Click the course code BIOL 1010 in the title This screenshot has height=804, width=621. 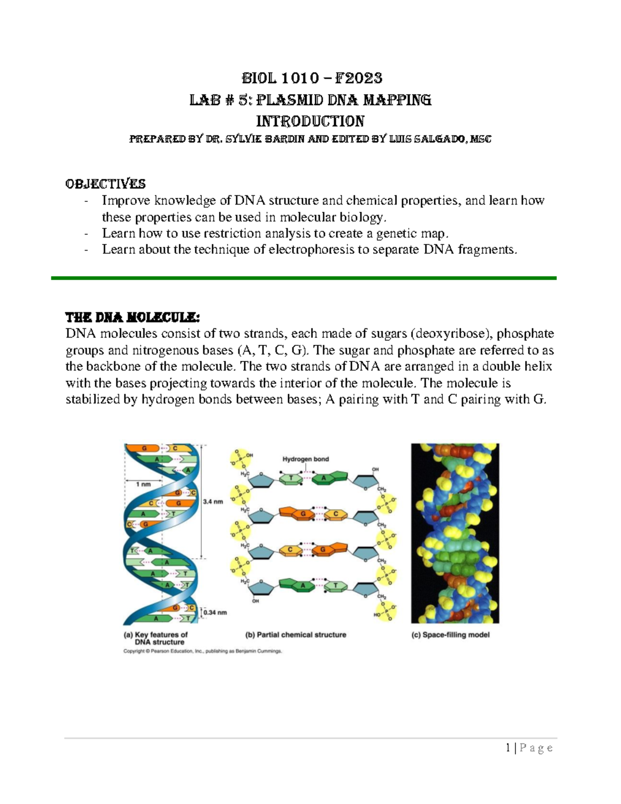tap(280, 78)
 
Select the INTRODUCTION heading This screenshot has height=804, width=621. tap(310, 121)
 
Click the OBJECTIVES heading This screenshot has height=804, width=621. tap(105, 184)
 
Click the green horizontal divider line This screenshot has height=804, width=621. tap(303, 278)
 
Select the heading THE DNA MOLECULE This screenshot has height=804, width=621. tap(132, 317)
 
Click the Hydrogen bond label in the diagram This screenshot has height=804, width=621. tap(305, 459)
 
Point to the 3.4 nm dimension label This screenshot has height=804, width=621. tap(213, 501)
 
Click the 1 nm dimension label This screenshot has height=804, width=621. tap(143, 484)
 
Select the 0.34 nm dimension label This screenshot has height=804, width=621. tap(215, 612)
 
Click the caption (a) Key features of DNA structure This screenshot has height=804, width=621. tap(155, 638)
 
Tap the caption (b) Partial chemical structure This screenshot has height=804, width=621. tap(295, 635)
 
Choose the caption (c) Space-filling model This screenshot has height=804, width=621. tap(450, 635)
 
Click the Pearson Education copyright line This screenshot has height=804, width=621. tap(202, 651)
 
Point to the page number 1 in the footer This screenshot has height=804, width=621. tap(508, 748)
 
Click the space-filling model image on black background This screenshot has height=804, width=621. tap(455, 533)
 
